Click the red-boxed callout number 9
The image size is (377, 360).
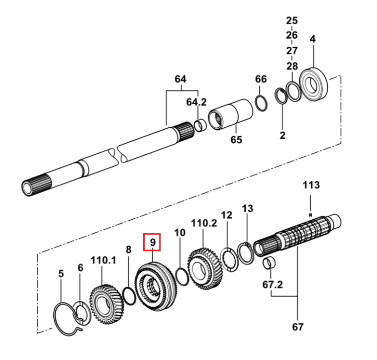pyautogui.click(x=153, y=242)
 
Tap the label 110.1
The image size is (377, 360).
pyautogui.click(x=104, y=260)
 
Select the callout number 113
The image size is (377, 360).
pyautogui.click(x=311, y=185)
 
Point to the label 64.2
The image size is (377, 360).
pyautogui.click(x=197, y=102)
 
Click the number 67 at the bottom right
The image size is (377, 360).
pyautogui.click(x=298, y=327)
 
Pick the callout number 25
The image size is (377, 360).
pyautogui.click(x=292, y=21)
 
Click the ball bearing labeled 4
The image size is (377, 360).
pyautogui.click(x=314, y=84)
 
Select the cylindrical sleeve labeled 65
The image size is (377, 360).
pyautogui.click(x=230, y=114)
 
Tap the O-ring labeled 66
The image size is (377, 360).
pyautogui.click(x=261, y=104)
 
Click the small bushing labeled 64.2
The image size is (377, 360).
pyautogui.click(x=201, y=126)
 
